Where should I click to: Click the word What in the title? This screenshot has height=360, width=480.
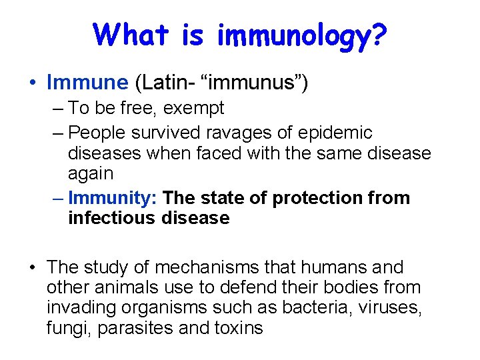133,34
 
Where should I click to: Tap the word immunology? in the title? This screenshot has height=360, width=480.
301,36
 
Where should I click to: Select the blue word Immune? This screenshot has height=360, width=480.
87,83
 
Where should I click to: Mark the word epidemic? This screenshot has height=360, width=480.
335,133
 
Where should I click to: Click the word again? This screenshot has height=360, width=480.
91,174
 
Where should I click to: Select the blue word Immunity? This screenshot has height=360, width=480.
113,198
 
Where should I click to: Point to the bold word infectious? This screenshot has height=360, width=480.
112,218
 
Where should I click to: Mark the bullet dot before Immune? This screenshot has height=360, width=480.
32,83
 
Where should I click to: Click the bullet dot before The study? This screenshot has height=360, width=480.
32,267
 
